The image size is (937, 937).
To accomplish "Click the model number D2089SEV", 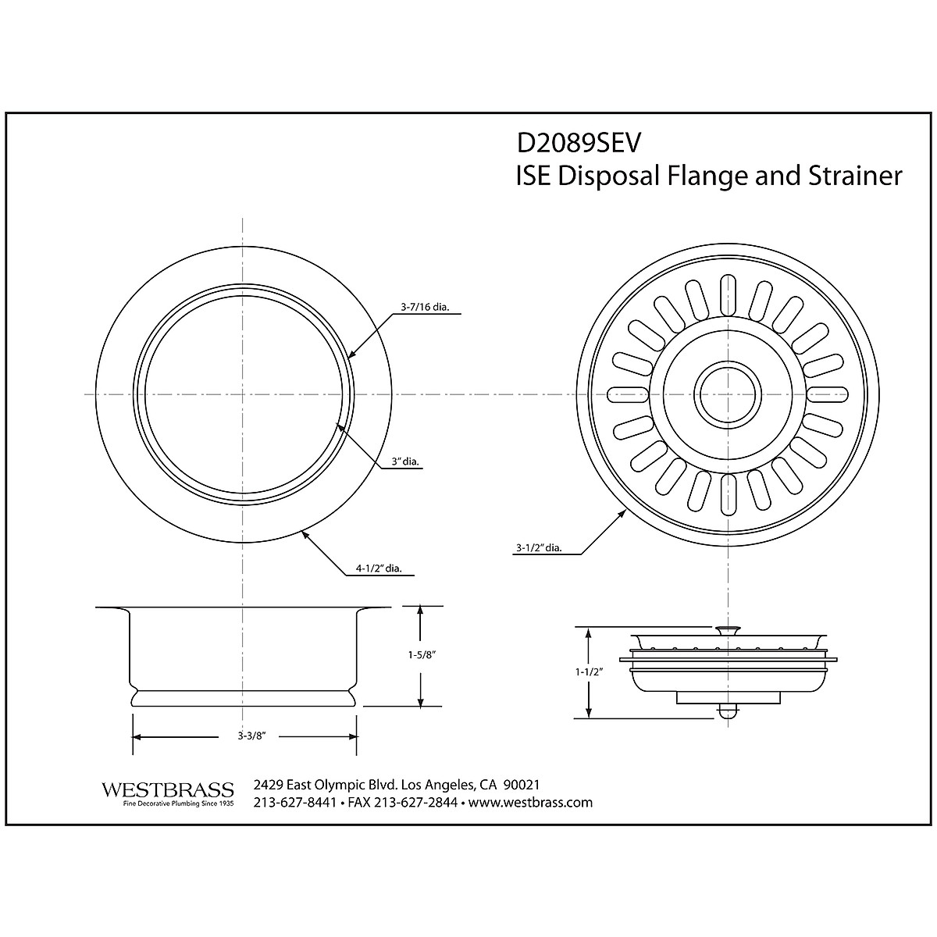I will (579, 144).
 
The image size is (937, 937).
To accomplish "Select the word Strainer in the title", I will (854, 176).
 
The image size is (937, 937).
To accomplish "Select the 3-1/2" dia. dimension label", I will (538, 548).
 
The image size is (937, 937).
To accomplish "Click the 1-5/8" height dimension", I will (421, 656).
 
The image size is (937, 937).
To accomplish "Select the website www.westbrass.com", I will (531, 802).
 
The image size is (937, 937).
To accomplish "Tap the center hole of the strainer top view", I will (728, 393).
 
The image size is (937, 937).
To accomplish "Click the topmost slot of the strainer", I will (728, 294).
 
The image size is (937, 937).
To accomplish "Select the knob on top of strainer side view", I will (728, 629).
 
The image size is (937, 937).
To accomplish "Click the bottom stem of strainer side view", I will (728, 711).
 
